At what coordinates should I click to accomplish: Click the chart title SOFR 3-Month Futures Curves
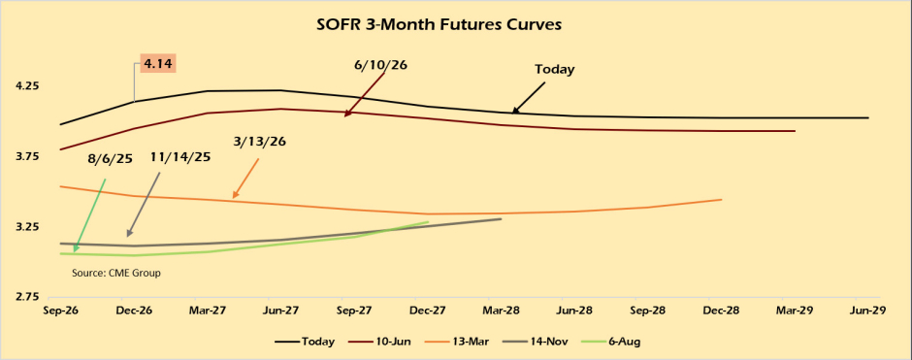point(440,25)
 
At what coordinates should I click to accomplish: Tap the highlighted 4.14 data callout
point(157,63)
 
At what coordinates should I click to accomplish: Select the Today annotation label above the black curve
point(554,69)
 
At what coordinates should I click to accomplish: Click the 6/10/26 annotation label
point(380,65)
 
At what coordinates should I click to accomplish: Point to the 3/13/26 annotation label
point(259,142)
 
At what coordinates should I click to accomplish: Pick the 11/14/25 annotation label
point(179,157)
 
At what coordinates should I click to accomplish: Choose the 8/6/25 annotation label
point(110,159)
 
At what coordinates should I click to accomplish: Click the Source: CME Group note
point(116,273)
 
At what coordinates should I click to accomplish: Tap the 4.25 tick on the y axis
point(28,85)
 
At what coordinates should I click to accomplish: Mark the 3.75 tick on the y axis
point(28,156)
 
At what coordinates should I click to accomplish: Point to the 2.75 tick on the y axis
point(28,297)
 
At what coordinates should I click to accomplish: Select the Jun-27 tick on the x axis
point(281,311)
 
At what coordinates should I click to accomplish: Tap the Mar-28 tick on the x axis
point(502,311)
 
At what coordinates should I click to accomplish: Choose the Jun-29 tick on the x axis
point(868,311)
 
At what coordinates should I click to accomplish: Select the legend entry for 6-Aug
point(611,342)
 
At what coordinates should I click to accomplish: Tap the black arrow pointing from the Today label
point(530,97)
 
